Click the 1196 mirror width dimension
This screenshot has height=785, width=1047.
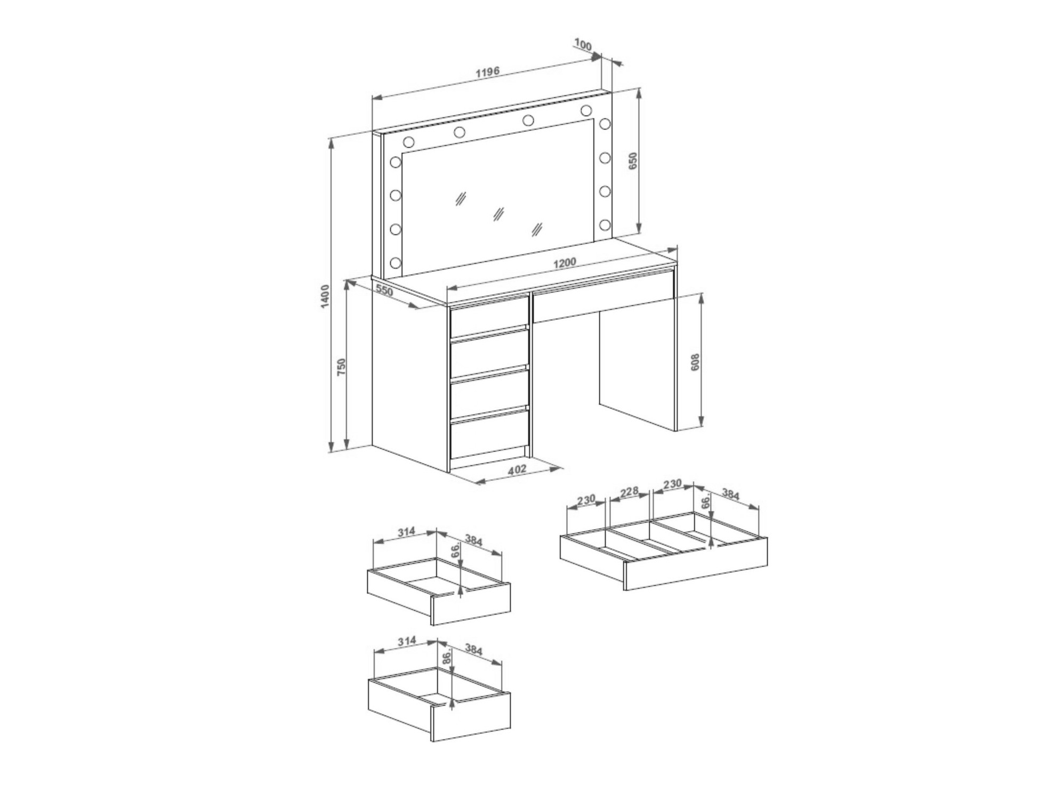pos(488,71)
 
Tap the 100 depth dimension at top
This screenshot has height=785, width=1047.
pos(583,45)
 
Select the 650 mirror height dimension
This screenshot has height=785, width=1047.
pos(633,161)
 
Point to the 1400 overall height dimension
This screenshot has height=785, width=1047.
pos(326,296)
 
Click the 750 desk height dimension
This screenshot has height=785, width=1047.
pos(342,367)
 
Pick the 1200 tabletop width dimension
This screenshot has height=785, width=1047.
pos(565,263)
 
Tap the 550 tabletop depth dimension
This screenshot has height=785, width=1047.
pos(384,290)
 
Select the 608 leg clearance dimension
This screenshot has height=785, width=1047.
pos(695,362)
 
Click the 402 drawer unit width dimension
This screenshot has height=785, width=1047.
pos(517,470)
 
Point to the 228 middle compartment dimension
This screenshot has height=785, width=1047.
pos(629,491)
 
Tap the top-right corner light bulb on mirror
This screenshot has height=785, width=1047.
pos(586,111)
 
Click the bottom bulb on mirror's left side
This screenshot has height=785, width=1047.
pos(396,263)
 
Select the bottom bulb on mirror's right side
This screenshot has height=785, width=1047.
pos(605,224)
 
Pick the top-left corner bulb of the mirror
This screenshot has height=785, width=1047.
pos(409,142)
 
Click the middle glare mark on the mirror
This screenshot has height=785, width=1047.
pos(498,214)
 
